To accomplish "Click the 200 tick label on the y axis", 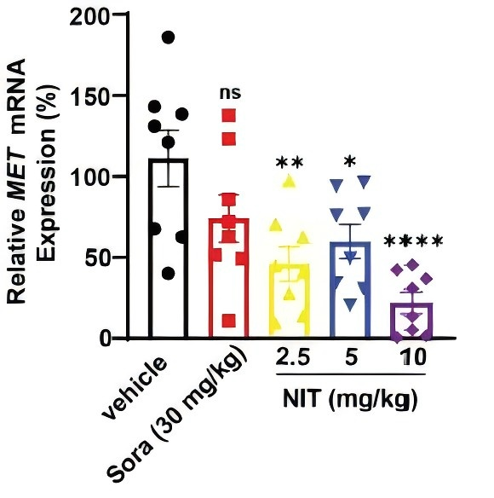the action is (x=89, y=17).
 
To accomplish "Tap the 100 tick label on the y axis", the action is (x=90, y=178).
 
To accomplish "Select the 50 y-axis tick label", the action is (x=97, y=258).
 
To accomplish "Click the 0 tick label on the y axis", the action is (x=106, y=339).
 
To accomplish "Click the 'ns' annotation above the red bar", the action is (x=230, y=93).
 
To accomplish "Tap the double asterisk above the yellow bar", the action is (x=290, y=163).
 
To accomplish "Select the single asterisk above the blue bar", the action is (x=350, y=162).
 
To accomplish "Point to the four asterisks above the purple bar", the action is (x=413, y=241).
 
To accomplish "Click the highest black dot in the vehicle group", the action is (x=168, y=38).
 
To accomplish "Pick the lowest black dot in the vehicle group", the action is (x=168, y=273).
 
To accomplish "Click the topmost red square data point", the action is (x=229, y=115).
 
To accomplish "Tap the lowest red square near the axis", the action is (x=229, y=320).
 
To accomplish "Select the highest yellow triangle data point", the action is (x=290, y=182).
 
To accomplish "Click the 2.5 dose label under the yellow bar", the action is (x=292, y=357).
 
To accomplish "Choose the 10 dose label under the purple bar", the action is (x=412, y=357).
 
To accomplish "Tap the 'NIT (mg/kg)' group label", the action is (x=350, y=398).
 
